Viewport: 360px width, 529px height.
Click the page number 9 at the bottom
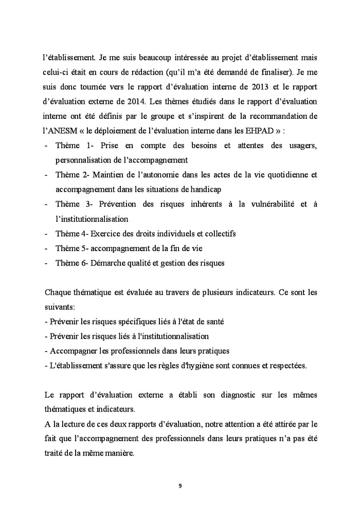[x=180, y=486]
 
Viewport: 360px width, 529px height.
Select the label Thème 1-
[x=75, y=146]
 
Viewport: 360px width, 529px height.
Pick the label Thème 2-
[x=74, y=175]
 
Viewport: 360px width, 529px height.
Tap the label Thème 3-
[x=75, y=204]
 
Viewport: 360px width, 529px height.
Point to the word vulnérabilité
[x=271, y=204]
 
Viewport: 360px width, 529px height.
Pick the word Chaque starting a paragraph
[x=58, y=292]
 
